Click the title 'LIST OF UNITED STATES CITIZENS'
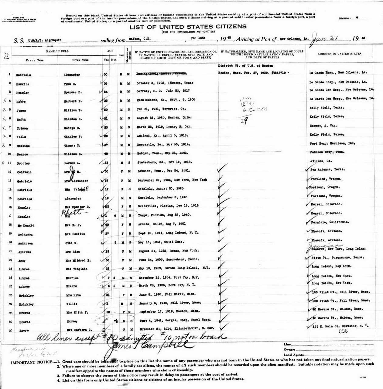coord(188,27)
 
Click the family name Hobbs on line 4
coord(21,102)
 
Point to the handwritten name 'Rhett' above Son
coord(72,213)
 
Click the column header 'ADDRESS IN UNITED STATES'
coord(339,54)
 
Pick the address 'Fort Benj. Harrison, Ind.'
coord(332,143)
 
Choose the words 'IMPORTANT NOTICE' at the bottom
coord(31,362)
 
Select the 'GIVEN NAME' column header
coord(80,60)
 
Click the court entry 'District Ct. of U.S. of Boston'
coord(245,66)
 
